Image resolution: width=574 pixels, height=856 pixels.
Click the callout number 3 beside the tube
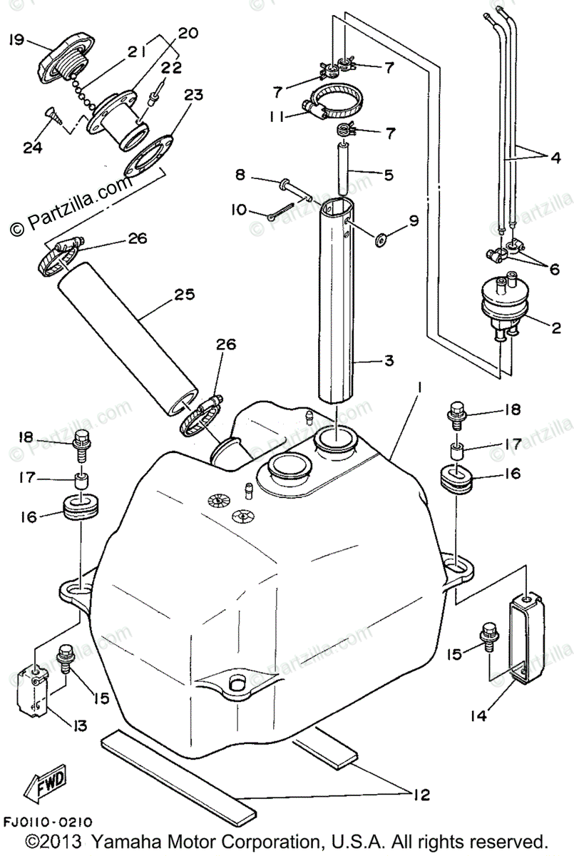pos(389,361)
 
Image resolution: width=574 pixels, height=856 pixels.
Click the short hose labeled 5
pos(343,167)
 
